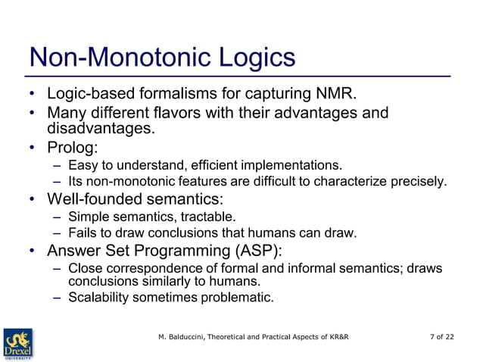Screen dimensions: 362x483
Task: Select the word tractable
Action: coord(179,218)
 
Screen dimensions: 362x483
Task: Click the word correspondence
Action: coord(148,269)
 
